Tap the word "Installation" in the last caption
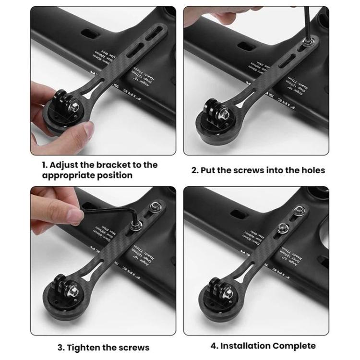click(x=245, y=346)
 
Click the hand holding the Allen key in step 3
click(x=58, y=204)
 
